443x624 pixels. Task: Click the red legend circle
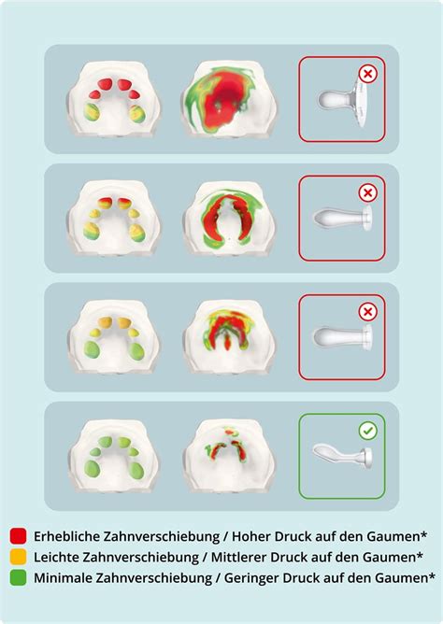click(18, 535)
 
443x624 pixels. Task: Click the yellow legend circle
click(18, 556)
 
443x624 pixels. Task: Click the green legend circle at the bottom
click(18, 576)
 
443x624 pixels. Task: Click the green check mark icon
click(368, 432)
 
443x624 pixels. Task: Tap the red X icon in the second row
click(368, 193)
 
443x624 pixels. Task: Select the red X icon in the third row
click(368, 312)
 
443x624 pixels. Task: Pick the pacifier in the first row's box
click(342, 100)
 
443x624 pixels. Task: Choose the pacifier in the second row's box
click(342, 219)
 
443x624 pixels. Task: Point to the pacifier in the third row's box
click(342, 336)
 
